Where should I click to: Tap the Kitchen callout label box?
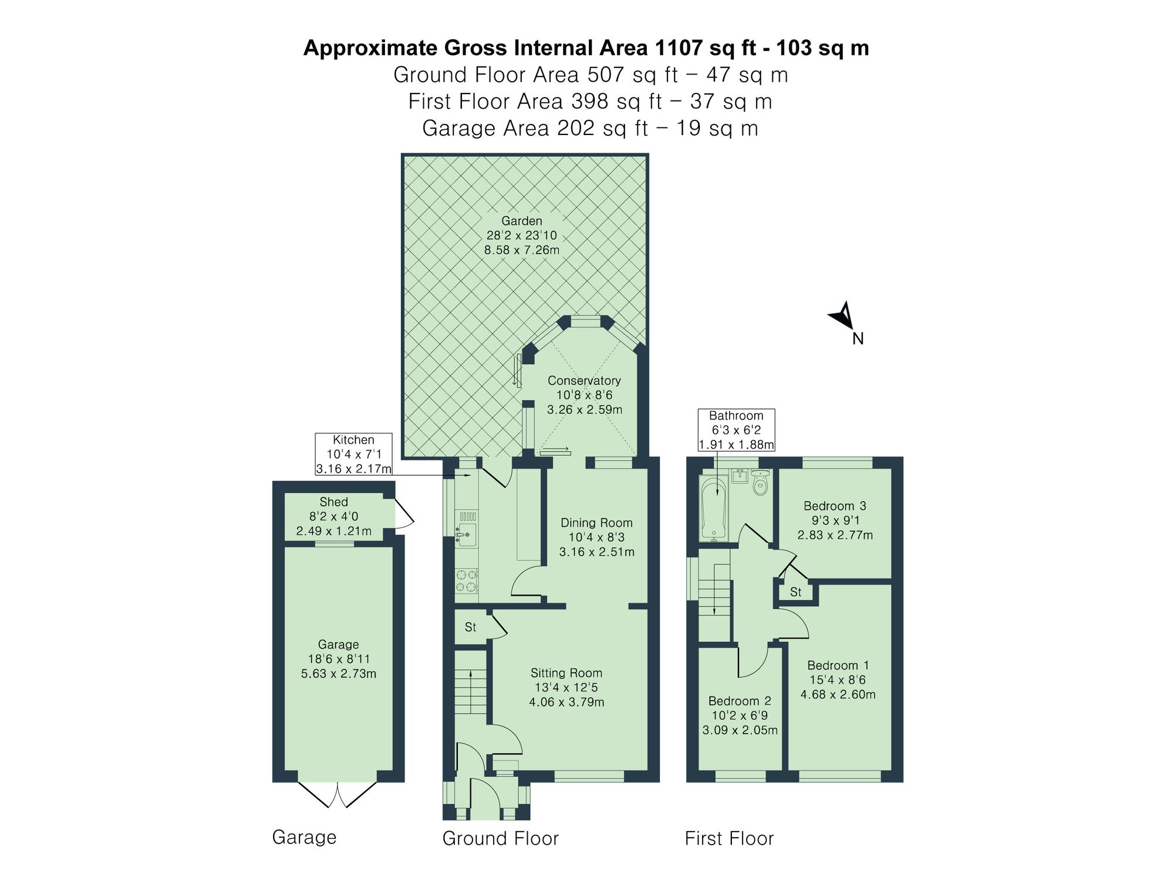(x=353, y=454)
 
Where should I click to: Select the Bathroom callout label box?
(x=736, y=430)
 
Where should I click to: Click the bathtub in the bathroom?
(x=713, y=509)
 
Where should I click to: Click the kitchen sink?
(x=467, y=534)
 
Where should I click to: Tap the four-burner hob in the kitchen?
(x=466, y=580)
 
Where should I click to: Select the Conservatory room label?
(x=584, y=381)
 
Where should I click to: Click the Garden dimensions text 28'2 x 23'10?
(x=521, y=236)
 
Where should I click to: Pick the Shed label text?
(x=333, y=502)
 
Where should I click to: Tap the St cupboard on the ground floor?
(x=471, y=627)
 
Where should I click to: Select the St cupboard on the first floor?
(x=795, y=592)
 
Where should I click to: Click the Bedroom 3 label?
(x=835, y=506)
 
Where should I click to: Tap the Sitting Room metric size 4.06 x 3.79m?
(x=566, y=702)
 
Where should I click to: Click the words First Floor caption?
(x=729, y=838)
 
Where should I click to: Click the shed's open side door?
(x=404, y=513)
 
